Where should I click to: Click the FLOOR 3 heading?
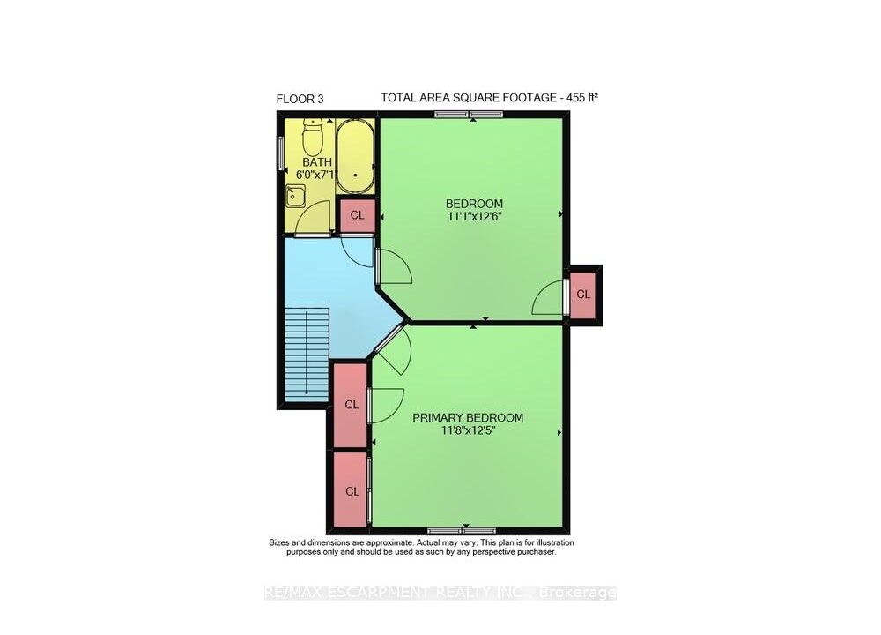click(300, 99)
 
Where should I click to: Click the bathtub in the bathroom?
click(355, 157)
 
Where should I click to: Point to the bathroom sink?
click(294, 197)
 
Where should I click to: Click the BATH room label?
click(317, 162)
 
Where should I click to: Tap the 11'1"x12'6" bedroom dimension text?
click(474, 217)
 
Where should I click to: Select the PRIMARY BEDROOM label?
click(468, 417)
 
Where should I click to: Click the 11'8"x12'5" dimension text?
click(468, 431)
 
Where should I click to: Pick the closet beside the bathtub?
click(358, 215)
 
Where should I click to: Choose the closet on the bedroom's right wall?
click(583, 295)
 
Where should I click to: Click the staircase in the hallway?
click(307, 355)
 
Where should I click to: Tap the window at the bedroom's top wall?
click(470, 114)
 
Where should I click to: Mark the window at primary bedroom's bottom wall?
click(462, 530)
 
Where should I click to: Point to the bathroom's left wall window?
click(280, 153)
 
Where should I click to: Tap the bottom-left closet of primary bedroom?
click(352, 491)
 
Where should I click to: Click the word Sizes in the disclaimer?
click(280, 542)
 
